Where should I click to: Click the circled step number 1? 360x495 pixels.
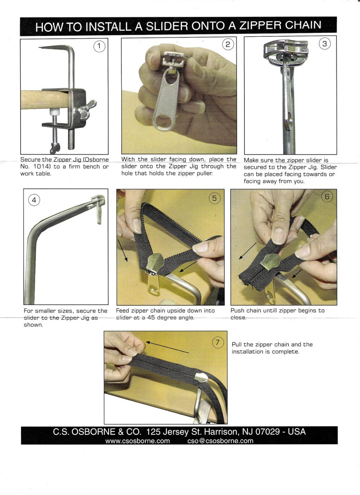(x=99, y=47)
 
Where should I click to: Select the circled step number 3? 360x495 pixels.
(x=325, y=44)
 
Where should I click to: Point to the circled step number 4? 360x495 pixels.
(x=34, y=200)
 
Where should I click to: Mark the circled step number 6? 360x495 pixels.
(x=327, y=197)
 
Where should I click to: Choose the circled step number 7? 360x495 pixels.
(x=218, y=342)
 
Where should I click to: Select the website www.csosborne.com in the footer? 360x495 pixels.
(x=138, y=441)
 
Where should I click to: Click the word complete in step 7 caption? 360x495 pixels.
(x=287, y=351)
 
